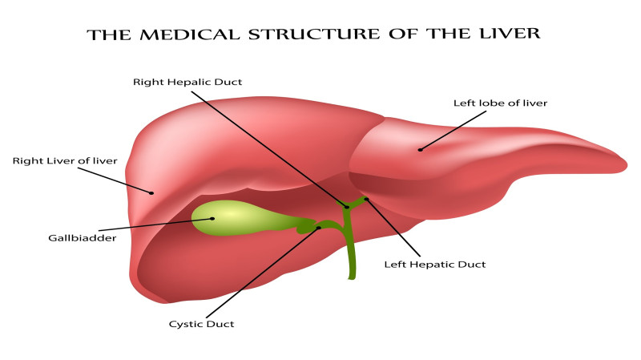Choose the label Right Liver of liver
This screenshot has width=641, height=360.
pos(65,161)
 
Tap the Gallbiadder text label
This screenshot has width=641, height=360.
pos(83,239)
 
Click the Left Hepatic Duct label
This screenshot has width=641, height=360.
pos(435,264)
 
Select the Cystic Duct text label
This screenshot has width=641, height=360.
pos(201,324)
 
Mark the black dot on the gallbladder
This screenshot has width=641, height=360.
pos(212,218)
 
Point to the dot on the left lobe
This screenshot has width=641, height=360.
pos(420,149)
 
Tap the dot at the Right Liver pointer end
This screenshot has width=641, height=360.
pos(151,192)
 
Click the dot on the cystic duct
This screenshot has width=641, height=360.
pos(319,228)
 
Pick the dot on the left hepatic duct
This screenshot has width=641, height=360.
pos(366,199)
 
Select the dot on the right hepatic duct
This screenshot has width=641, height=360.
pos(347,207)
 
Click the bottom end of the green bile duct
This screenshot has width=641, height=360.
pos(351,277)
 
